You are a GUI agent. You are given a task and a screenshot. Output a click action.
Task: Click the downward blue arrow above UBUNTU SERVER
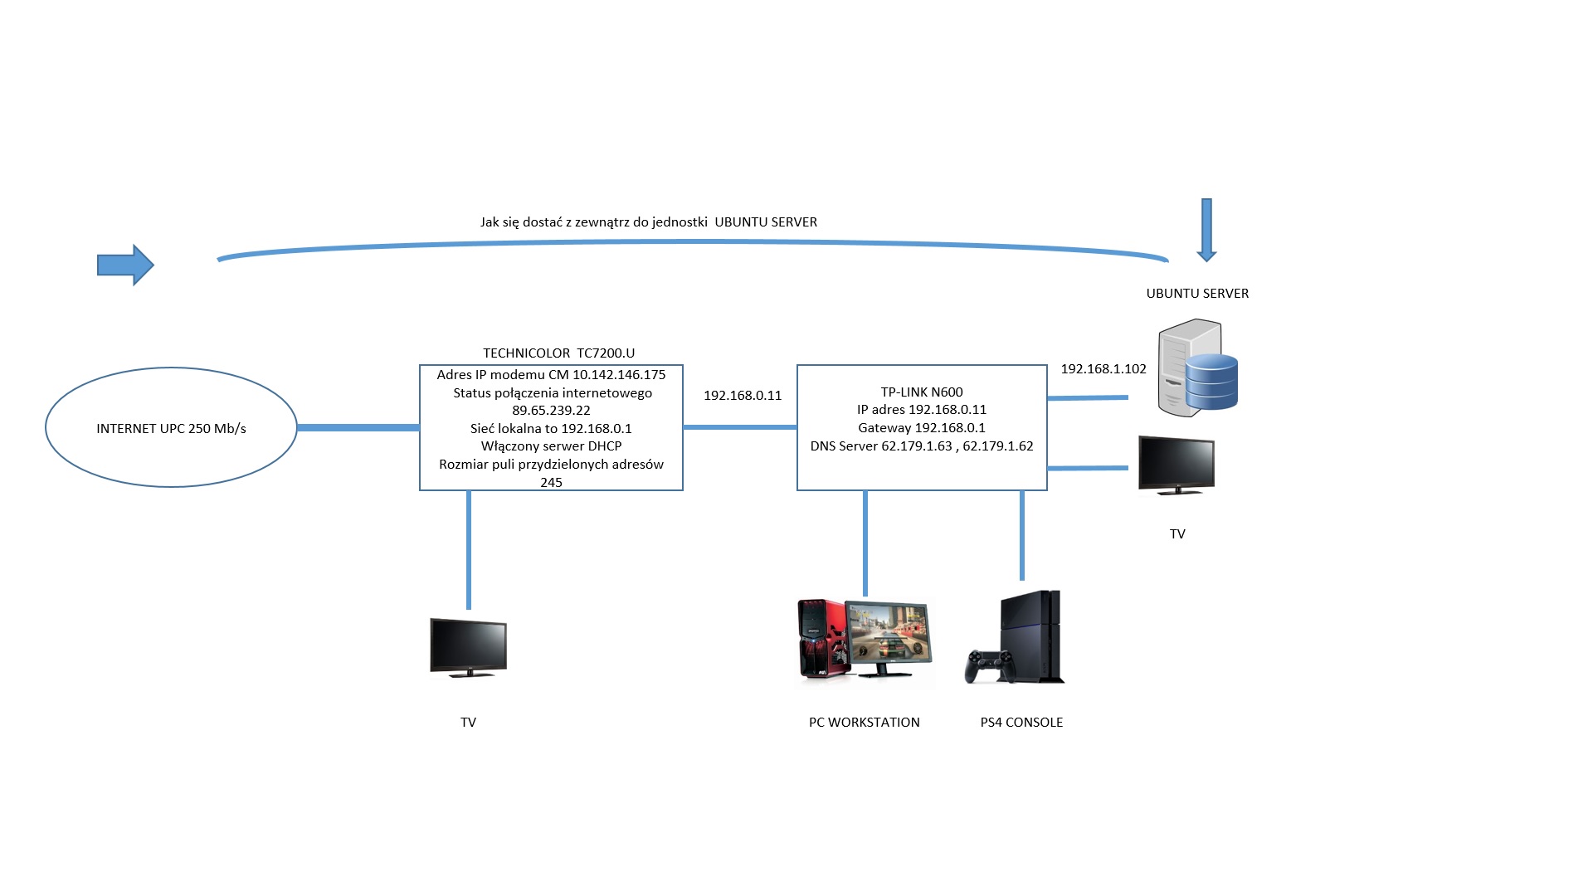(1206, 230)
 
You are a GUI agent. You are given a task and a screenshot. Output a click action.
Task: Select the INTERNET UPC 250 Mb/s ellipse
(171, 428)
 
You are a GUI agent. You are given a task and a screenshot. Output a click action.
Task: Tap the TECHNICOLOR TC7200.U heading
(558, 353)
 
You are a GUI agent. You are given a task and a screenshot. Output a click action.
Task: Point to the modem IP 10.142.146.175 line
(551, 375)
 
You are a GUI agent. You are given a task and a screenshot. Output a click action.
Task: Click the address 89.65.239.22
(551, 411)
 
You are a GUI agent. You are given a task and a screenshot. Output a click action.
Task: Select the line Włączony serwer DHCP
(551, 446)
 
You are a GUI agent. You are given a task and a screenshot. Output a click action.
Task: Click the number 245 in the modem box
(551, 483)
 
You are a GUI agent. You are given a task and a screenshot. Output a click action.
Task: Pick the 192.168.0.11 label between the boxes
(743, 396)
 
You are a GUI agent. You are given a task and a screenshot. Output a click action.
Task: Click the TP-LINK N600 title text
(922, 392)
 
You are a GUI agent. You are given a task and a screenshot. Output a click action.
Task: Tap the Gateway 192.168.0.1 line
(922, 428)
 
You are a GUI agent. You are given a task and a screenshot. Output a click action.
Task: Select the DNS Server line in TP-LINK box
(922, 446)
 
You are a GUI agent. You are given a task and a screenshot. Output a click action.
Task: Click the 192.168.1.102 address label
(1103, 369)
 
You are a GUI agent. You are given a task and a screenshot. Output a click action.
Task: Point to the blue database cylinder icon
(1212, 382)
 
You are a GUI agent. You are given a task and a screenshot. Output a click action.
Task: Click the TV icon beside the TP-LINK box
(1176, 465)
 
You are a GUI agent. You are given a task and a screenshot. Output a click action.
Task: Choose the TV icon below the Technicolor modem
(468, 647)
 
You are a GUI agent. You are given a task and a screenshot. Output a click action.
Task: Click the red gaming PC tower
(821, 639)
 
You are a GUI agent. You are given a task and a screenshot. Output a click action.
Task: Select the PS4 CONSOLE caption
(1021, 723)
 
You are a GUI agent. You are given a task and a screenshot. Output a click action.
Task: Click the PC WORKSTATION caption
(864, 723)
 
